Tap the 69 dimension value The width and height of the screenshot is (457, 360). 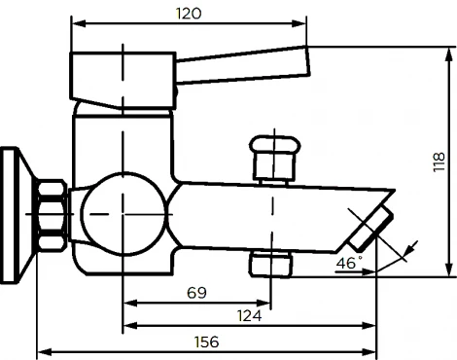197,292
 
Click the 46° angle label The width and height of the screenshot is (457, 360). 348,263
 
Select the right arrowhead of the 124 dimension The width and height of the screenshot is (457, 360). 371,326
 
